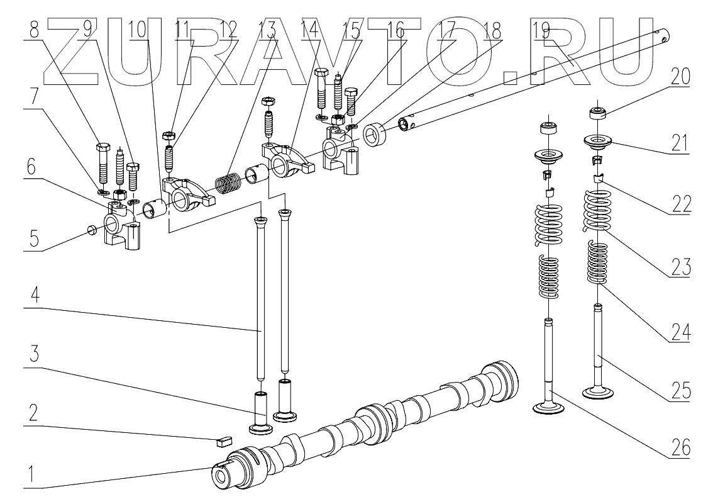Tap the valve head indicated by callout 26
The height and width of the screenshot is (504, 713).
coord(550,408)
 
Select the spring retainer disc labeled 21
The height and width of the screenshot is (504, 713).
coord(599,142)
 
